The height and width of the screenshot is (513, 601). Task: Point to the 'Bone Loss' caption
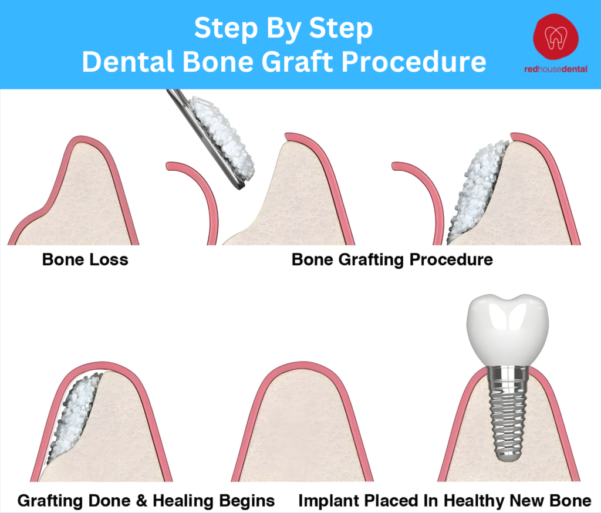coord(85,259)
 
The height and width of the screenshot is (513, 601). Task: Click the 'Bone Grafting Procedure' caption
coord(392,259)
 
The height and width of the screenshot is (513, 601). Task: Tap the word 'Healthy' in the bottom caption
coord(460,501)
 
